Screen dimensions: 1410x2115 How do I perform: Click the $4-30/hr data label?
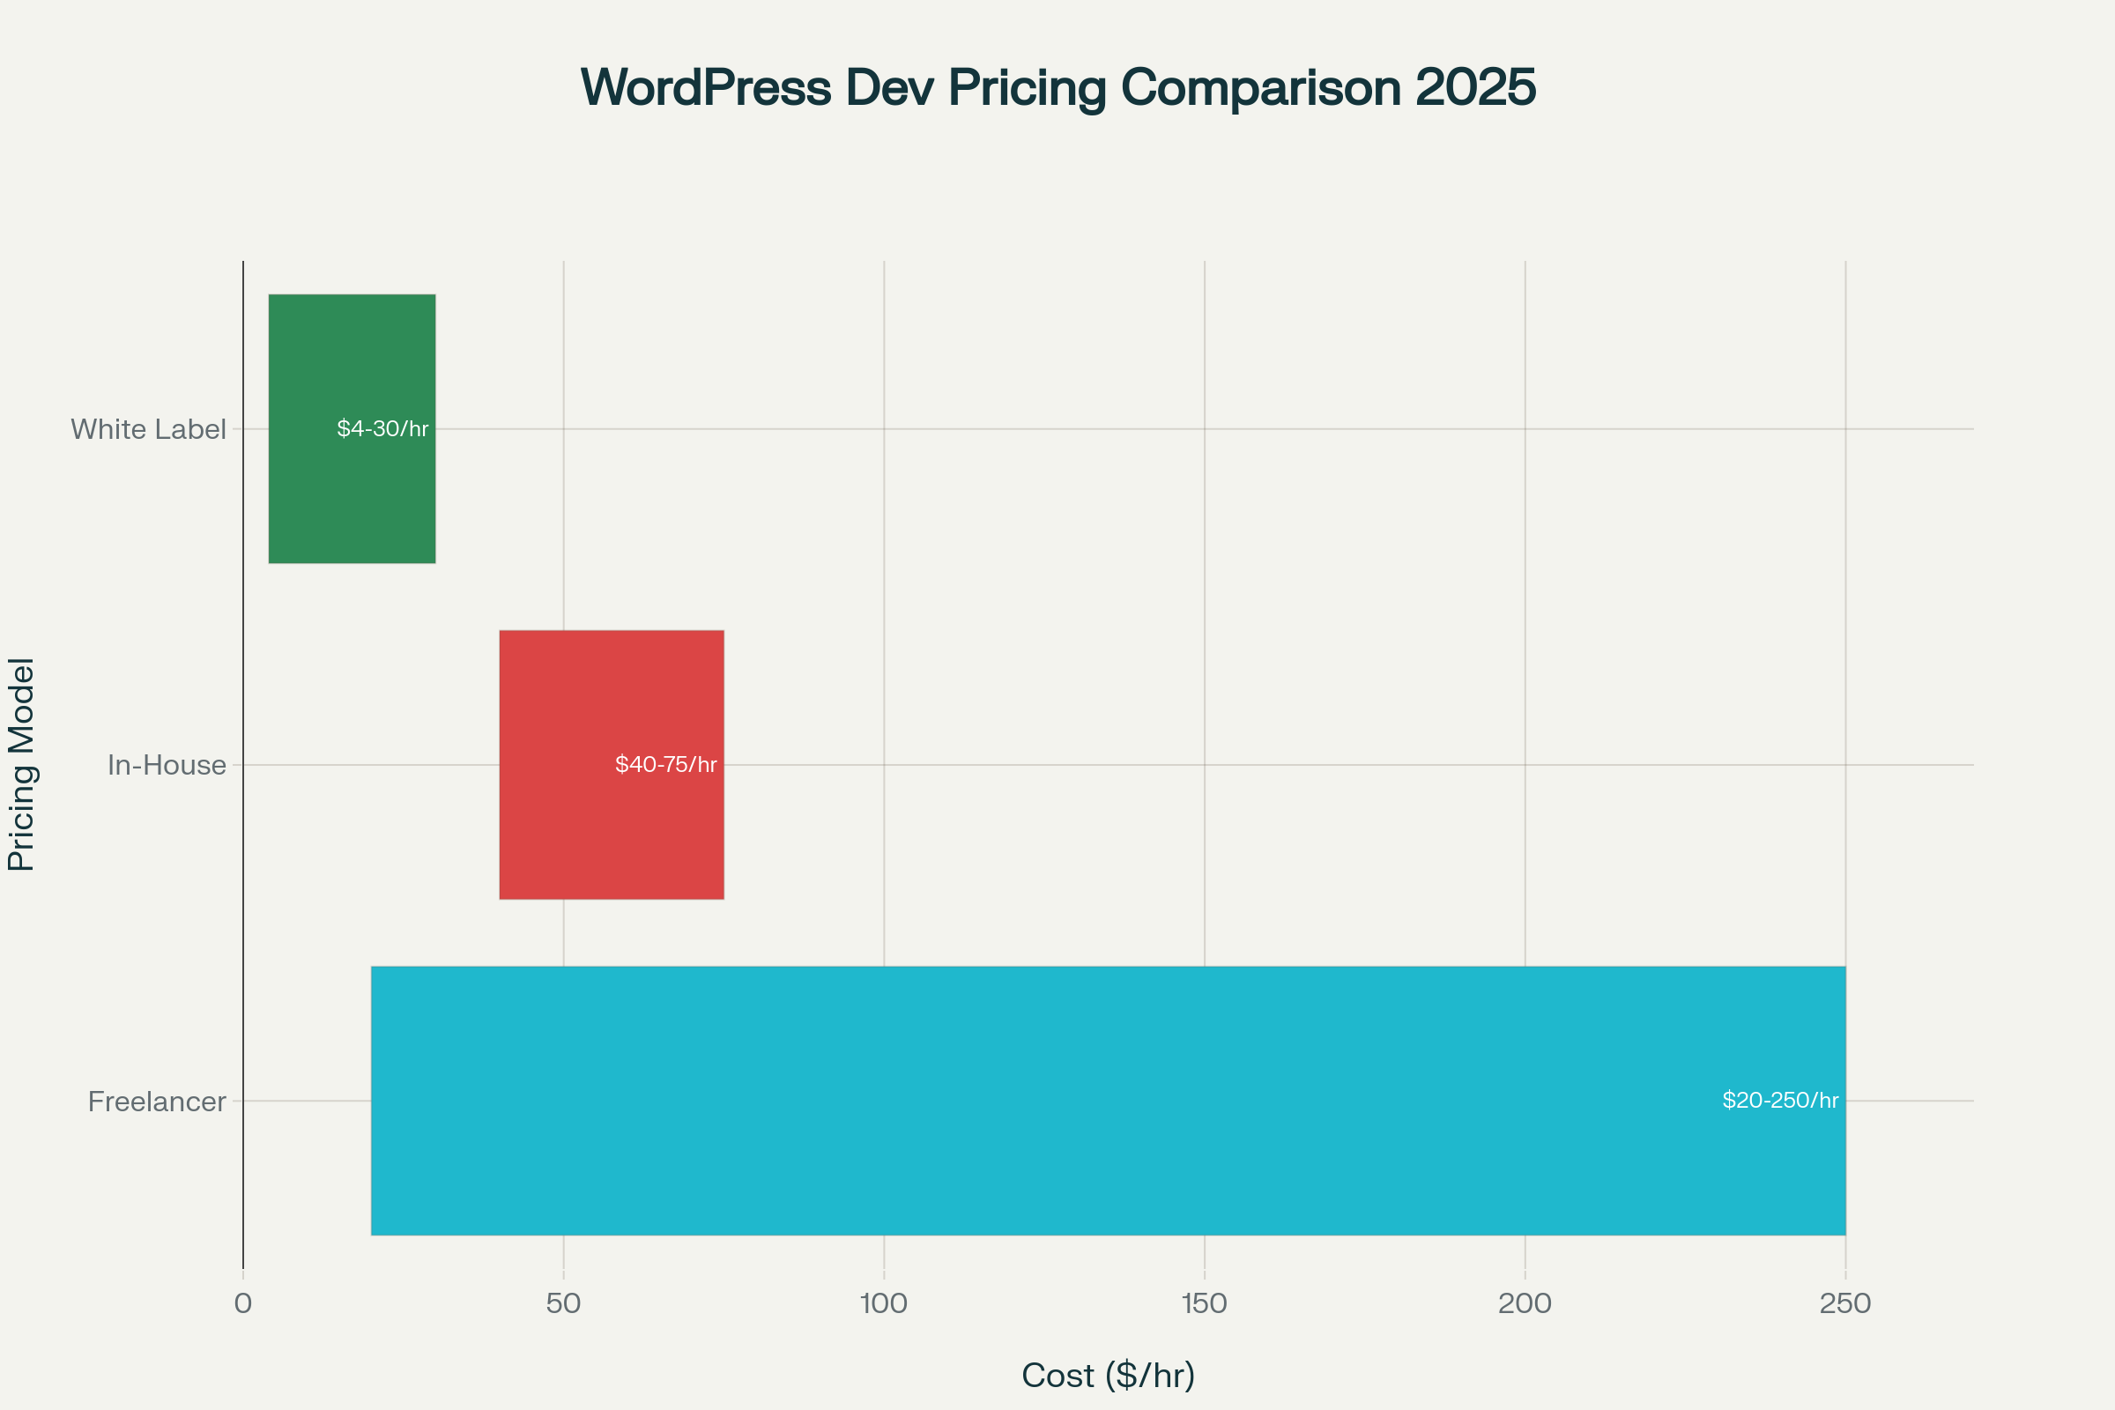[382, 429]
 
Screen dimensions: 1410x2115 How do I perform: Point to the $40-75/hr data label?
[665, 764]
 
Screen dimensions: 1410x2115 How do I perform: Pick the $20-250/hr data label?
[1779, 1100]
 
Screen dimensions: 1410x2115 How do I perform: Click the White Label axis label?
[148, 429]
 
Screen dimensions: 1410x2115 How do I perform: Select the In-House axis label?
[167, 765]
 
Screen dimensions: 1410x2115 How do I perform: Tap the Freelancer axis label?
[157, 1102]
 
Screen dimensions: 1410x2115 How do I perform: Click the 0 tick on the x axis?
[243, 1304]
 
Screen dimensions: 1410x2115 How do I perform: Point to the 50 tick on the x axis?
[563, 1304]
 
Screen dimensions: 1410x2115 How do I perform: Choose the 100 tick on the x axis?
[884, 1304]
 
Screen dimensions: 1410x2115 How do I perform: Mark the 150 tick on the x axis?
[1204, 1304]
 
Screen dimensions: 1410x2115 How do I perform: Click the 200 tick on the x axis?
[1525, 1304]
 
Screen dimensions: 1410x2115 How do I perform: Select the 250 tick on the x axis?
[1845, 1304]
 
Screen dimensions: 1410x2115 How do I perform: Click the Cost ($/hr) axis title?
[1108, 1376]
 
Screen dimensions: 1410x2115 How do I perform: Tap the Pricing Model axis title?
[21, 764]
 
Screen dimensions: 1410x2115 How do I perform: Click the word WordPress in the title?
[706, 88]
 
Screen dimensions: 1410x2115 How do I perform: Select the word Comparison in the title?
[1260, 88]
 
